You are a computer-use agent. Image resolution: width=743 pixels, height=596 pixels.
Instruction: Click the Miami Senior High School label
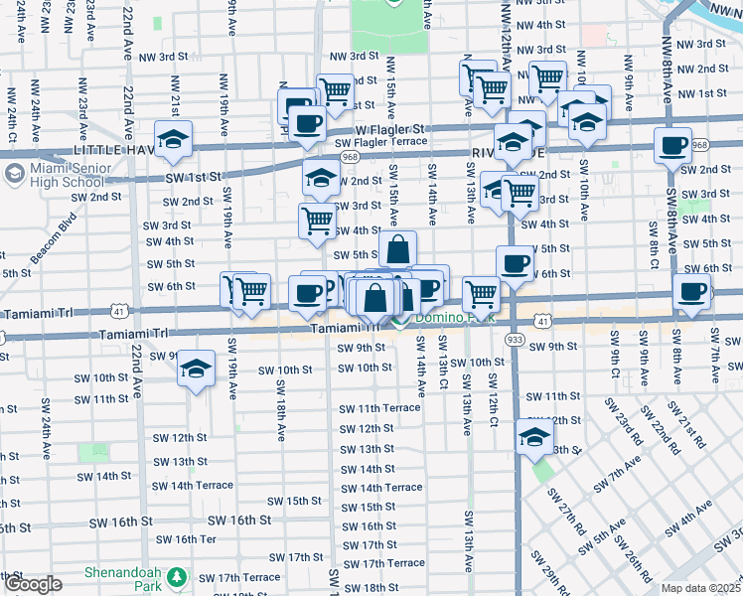[62, 176]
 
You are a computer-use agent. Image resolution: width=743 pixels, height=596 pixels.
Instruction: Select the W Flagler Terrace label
[386, 142]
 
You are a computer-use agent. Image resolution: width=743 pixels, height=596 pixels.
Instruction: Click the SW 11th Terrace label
[379, 408]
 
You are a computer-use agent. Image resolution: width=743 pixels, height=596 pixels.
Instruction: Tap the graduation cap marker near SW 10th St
[197, 369]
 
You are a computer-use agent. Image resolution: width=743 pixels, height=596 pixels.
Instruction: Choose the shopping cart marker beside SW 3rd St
[317, 220]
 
